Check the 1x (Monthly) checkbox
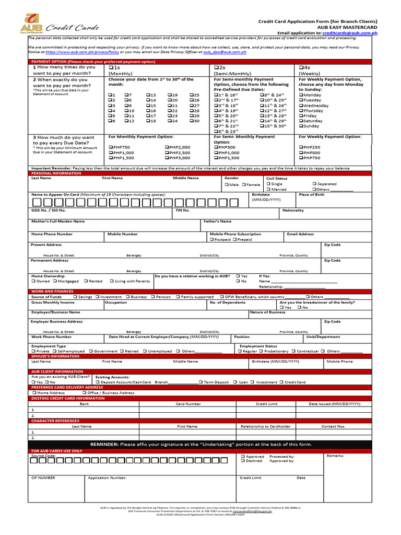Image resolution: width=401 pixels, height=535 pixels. (x=111, y=67)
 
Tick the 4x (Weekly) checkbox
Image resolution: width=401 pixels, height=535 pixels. (x=301, y=67)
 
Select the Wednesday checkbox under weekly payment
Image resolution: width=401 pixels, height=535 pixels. (x=301, y=106)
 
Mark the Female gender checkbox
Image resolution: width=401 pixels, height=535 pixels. (x=244, y=184)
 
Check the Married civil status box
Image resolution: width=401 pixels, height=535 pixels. (x=268, y=190)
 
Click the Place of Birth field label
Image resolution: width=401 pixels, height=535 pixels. (x=311, y=194)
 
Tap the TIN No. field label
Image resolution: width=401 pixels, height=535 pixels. (x=182, y=210)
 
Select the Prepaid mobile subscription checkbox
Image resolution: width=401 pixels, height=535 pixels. (x=234, y=239)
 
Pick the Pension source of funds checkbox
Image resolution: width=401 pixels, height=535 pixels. (x=153, y=297)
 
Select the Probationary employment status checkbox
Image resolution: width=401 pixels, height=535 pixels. (x=262, y=351)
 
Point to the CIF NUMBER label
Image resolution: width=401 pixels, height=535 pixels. (x=43, y=478)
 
